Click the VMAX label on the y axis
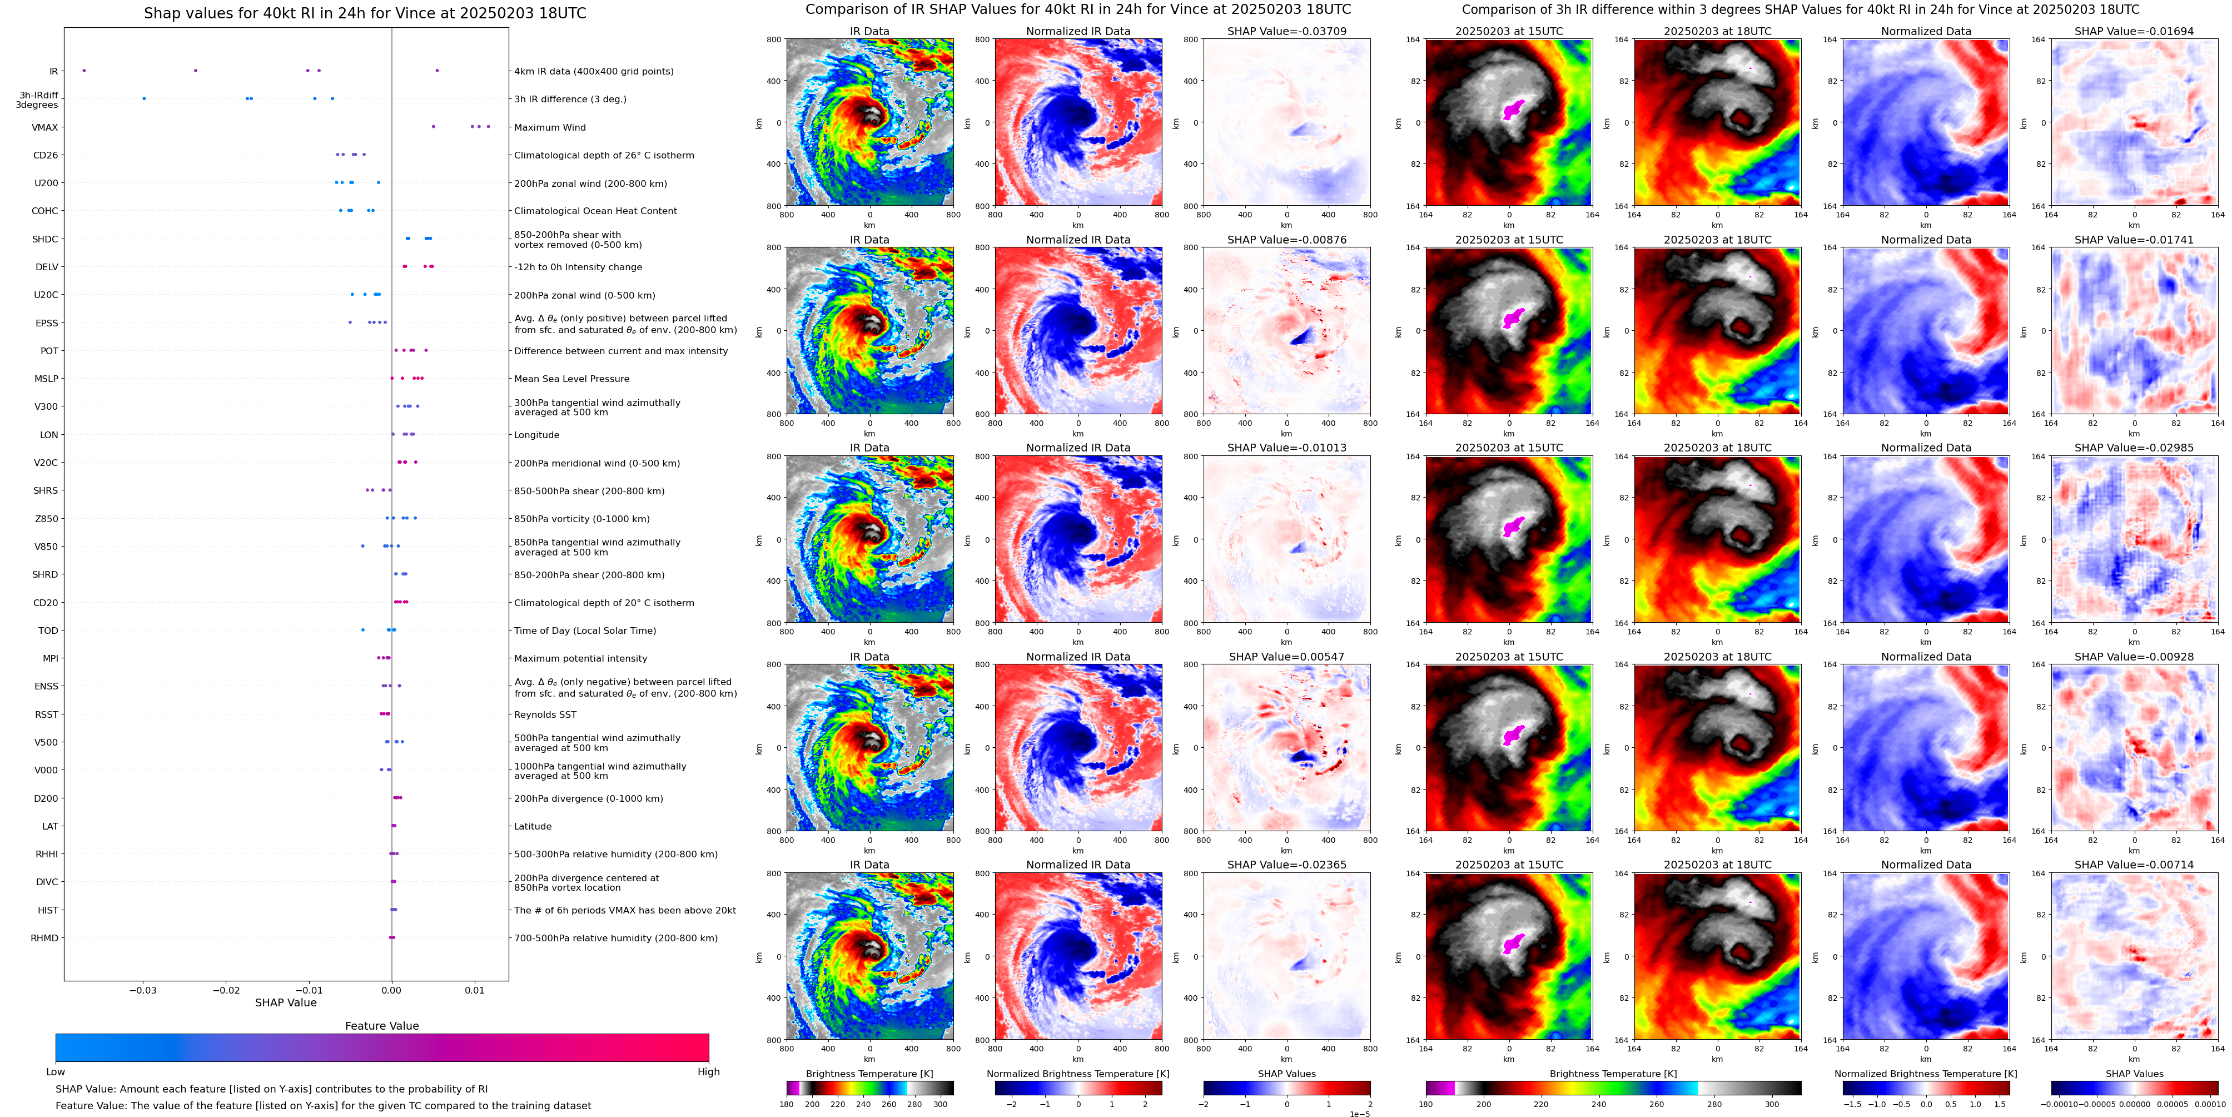(45, 127)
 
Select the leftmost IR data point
(84, 70)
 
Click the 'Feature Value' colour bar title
(381, 1026)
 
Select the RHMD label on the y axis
(44, 937)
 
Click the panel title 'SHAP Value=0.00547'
(1286, 657)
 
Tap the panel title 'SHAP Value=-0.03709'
(1286, 31)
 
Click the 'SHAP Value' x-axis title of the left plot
(285, 1002)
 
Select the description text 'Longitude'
(536, 435)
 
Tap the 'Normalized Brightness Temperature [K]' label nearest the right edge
(1925, 1074)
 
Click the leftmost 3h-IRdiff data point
(144, 99)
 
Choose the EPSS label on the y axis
(47, 323)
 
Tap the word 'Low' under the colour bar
(56, 1072)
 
